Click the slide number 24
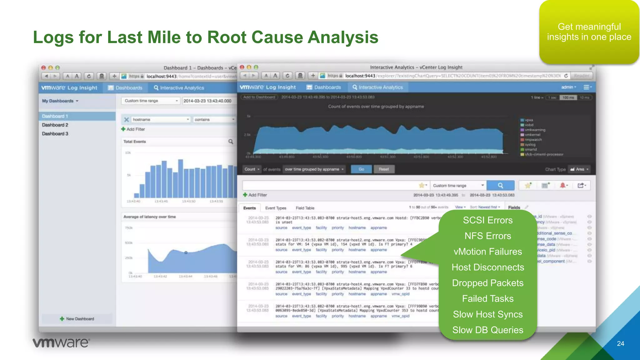tap(620, 343)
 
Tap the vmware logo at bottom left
tap(61, 342)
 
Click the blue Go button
tap(361, 169)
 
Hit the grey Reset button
tap(384, 169)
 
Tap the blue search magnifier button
tap(500, 185)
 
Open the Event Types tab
tap(276, 208)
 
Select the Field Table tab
tap(305, 208)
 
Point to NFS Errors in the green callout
tap(487, 236)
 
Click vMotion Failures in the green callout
tap(487, 252)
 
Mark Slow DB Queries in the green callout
tap(487, 330)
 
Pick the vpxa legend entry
tap(528, 120)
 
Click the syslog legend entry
tap(530, 145)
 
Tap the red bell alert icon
tap(563, 185)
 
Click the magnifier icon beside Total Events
tap(231, 142)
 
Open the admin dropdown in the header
tap(568, 87)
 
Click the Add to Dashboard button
tap(259, 97)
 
